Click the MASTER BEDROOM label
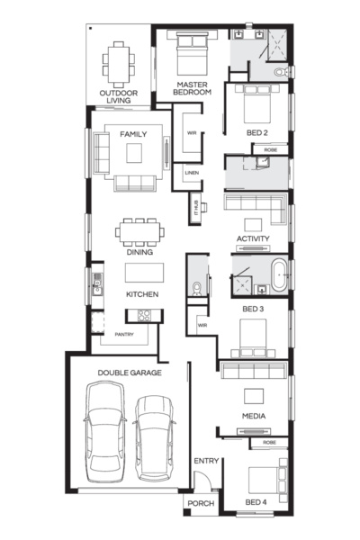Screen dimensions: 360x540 [192, 88]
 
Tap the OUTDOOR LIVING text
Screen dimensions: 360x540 [119, 97]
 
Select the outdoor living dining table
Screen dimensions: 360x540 [119, 65]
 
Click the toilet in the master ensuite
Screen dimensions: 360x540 [281, 72]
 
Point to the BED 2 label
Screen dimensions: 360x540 [257, 133]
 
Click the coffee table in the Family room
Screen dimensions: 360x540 [134, 153]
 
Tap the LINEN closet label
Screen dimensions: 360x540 [192, 173]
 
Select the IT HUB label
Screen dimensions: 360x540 [195, 208]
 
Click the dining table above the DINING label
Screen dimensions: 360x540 [139, 232]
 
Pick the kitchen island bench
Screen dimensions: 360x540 [144, 273]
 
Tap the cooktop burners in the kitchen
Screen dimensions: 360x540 [144, 316]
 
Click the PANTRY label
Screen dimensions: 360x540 [124, 335]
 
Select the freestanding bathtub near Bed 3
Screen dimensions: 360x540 [279, 275]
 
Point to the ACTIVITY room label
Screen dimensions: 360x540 [253, 238]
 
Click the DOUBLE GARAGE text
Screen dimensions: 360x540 [130, 373]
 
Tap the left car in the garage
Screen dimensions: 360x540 [105, 432]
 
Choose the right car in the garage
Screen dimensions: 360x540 [154, 438]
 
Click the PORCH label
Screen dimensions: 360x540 [201, 503]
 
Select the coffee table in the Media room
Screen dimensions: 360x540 [254, 396]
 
